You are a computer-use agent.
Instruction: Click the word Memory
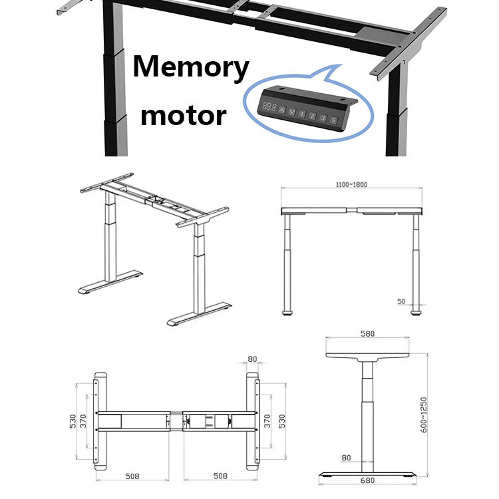coord(192,69)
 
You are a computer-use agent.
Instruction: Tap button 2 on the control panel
coord(312,117)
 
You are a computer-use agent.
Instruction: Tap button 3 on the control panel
coord(323,119)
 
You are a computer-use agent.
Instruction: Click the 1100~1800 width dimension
coord(350,184)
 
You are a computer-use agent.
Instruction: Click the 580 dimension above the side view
coord(367,333)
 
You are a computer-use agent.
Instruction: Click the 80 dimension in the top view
coord(252,360)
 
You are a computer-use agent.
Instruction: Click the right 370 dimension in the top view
coord(267,420)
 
